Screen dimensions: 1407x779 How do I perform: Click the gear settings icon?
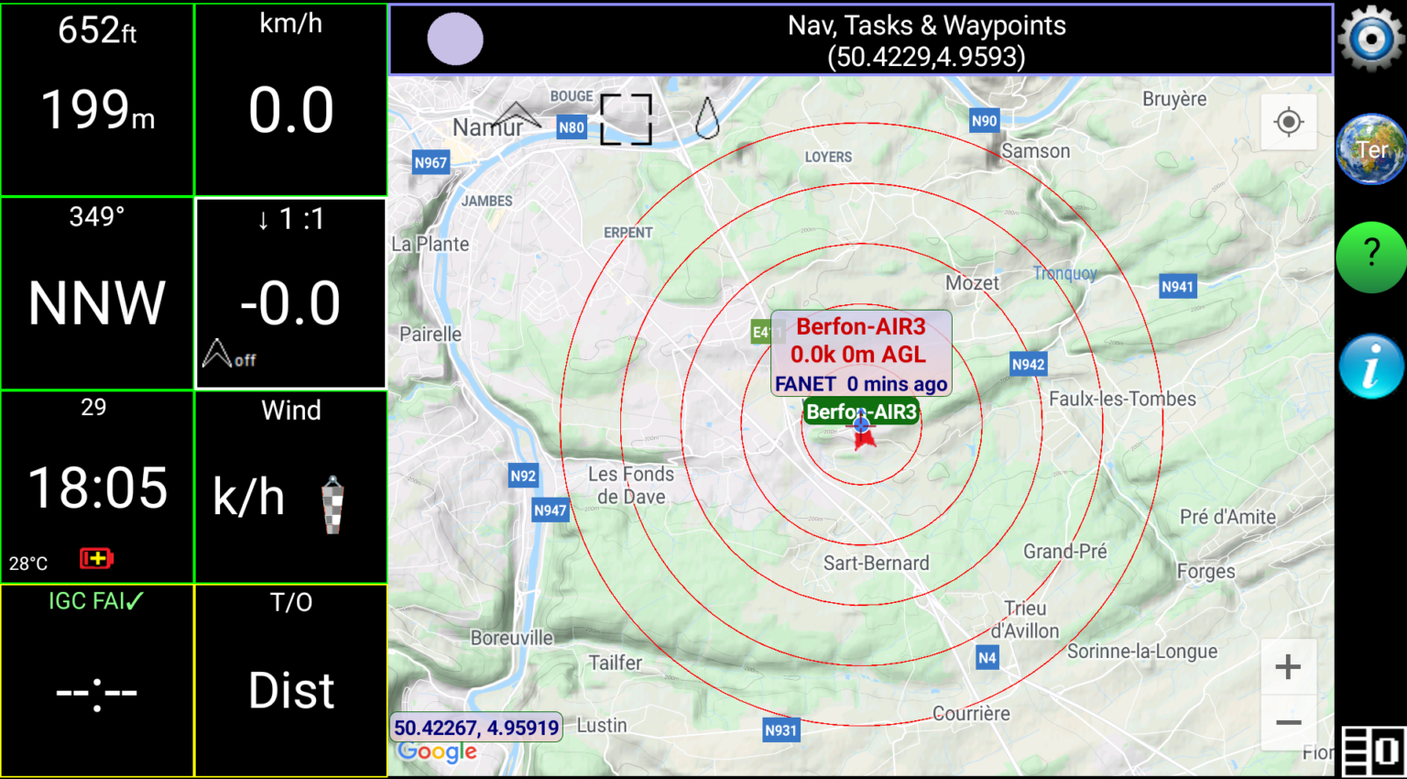pos(1370,38)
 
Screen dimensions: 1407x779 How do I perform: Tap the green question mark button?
pos(1370,257)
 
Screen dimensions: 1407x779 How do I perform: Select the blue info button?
pos(1370,367)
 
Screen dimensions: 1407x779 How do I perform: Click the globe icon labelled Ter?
pos(1370,149)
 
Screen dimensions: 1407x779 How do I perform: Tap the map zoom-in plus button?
pos(1288,667)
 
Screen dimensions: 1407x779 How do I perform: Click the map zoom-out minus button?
pos(1288,723)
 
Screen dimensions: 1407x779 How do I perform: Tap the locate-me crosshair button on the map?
pos(1288,122)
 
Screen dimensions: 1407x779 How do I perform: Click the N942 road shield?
pos(1028,365)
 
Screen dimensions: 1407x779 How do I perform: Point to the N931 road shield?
pos(781,730)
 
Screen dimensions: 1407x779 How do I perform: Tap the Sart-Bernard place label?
pos(876,563)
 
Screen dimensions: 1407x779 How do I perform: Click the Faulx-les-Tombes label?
pos(1122,399)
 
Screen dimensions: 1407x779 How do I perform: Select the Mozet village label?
pos(972,283)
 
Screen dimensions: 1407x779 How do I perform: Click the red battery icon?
pos(96,558)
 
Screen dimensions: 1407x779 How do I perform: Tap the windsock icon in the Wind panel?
pos(333,505)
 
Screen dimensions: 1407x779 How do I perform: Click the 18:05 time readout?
pos(98,488)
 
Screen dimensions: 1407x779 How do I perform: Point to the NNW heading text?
pos(97,303)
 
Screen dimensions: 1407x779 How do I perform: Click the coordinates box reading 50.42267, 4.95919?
pos(476,728)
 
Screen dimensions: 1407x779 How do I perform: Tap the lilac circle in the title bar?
pos(455,39)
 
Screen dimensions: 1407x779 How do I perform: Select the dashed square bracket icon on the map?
pos(626,119)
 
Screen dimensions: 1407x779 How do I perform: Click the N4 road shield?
pos(987,657)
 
